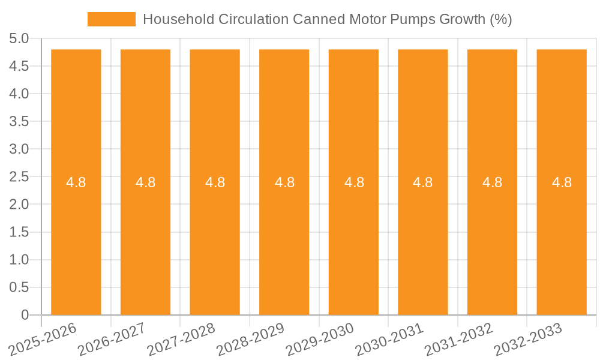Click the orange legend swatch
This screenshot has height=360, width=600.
[112, 19]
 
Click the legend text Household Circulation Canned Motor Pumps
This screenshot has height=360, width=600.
[327, 19]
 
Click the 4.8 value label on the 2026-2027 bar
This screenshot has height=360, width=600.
[146, 182]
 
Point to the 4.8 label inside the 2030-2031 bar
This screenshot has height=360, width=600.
[423, 182]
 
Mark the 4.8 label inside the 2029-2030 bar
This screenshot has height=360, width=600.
[354, 182]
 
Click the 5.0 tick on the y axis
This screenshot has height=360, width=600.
[19, 39]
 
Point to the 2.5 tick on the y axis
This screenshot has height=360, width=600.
[19, 177]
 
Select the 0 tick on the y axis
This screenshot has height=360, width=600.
[25, 315]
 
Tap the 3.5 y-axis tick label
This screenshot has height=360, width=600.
[19, 122]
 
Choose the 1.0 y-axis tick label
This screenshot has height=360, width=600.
[19, 260]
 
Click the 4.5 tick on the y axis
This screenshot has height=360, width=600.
[19, 67]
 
